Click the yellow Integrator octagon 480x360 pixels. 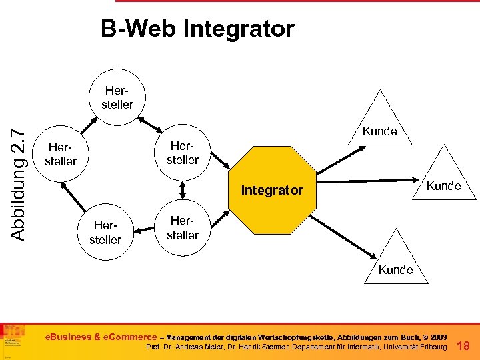[x=272, y=191]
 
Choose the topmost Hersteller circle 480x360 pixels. [x=117, y=97]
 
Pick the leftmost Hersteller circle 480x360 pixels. [x=60, y=154]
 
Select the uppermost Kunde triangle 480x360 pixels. [x=379, y=123]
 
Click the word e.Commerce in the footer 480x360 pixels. [x=130, y=337]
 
